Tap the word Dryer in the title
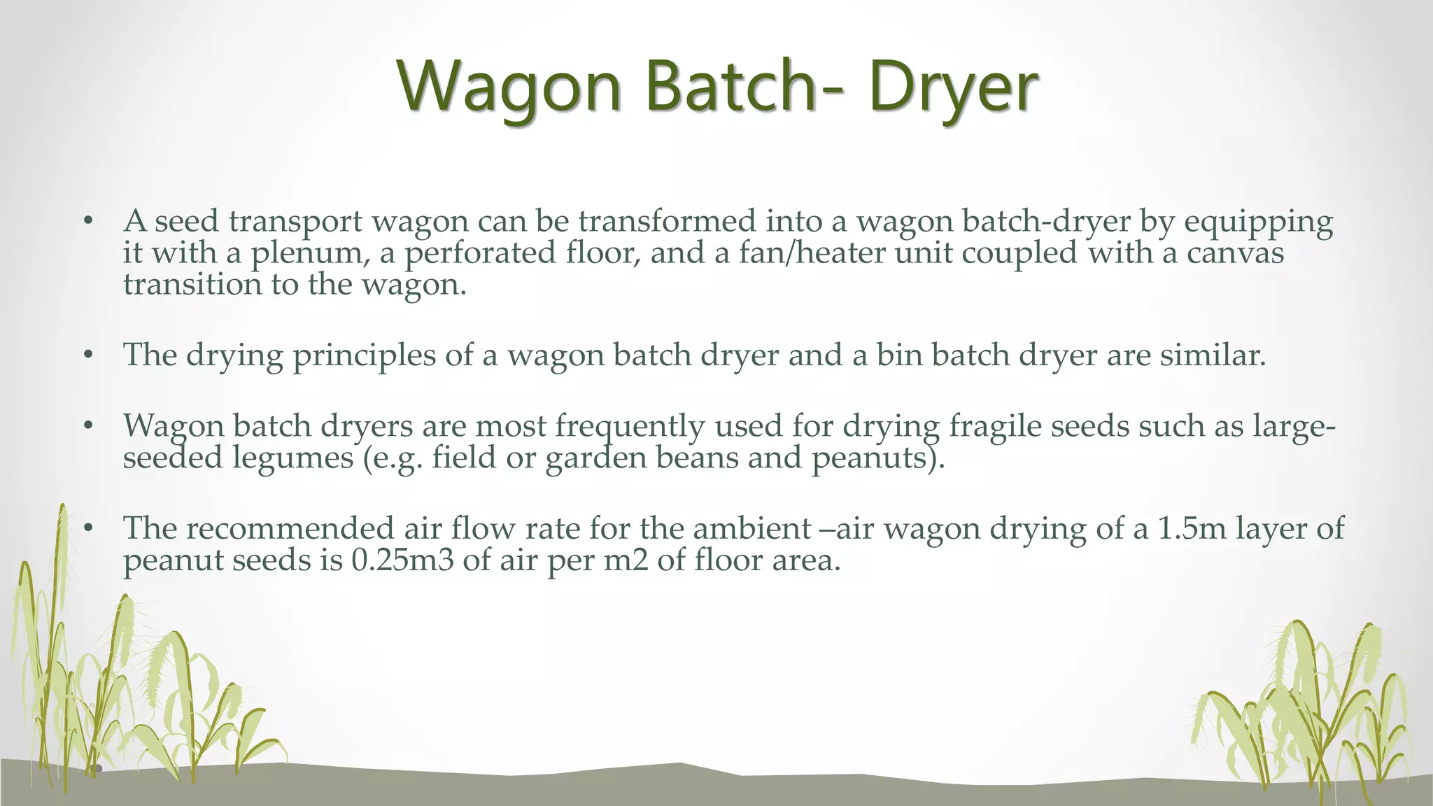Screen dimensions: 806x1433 point(953,87)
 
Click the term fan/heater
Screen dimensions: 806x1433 point(812,253)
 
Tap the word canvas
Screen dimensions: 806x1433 point(1235,253)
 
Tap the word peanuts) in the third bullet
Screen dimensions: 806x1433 point(878,458)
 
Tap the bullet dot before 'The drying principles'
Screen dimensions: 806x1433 point(88,355)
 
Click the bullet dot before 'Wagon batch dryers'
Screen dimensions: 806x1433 point(88,426)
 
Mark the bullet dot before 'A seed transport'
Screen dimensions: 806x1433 point(88,222)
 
